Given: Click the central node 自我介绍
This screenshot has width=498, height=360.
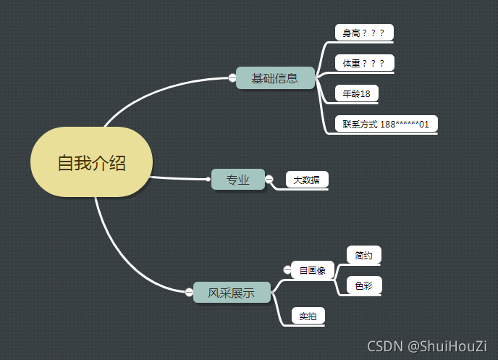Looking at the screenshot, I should click(x=92, y=163).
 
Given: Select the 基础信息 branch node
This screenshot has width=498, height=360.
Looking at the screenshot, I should click(x=275, y=78).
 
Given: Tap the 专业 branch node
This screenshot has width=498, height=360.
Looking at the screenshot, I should click(x=237, y=179).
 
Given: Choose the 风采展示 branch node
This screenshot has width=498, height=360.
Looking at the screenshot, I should click(x=232, y=293).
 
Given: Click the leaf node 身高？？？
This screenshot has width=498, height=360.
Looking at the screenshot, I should click(x=363, y=33).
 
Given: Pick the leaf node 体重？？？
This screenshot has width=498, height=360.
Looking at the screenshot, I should click(x=364, y=63).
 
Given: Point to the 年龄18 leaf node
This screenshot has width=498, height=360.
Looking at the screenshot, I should click(x=356, y=93).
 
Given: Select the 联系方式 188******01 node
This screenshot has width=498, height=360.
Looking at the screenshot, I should click(x=386, y=124).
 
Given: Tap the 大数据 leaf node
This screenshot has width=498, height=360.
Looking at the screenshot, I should click(x=307, y=179).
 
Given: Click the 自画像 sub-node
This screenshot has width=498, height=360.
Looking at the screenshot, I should click(x=313, y=270).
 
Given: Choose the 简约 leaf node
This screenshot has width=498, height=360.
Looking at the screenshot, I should click(x=363, y=255).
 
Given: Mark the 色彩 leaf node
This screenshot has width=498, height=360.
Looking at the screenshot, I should click(x=363, y=285).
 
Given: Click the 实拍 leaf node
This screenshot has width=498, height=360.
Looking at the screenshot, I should click(x=308, y=316).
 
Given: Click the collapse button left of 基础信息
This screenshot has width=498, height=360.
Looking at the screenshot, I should click(x=232, y=78).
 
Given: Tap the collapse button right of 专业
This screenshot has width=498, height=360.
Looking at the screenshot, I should click(x=269, y=178).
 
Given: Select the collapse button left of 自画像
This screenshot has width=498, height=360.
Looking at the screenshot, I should click(x=287, y=270).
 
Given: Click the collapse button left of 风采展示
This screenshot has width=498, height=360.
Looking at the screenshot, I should click(x=189, y=292).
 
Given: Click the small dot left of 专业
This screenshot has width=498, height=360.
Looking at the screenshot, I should click(x=208, y=178).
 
